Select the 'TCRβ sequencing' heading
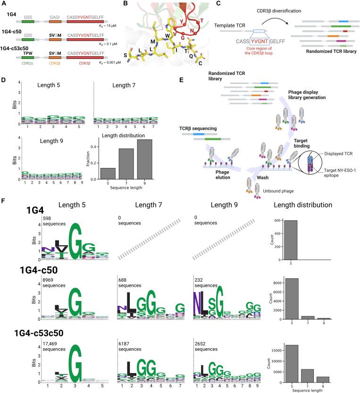click(x=204, y=128)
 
